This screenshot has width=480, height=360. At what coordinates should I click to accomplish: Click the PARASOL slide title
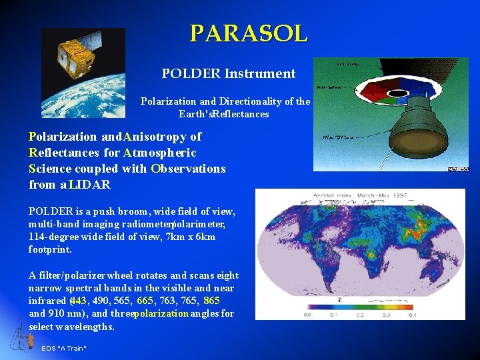point(249,33)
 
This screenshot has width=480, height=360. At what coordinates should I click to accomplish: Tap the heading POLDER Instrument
point(228,73)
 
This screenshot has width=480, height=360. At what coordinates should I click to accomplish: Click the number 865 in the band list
point(211,301)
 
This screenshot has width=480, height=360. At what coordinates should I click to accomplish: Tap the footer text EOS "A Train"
point(64,349)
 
